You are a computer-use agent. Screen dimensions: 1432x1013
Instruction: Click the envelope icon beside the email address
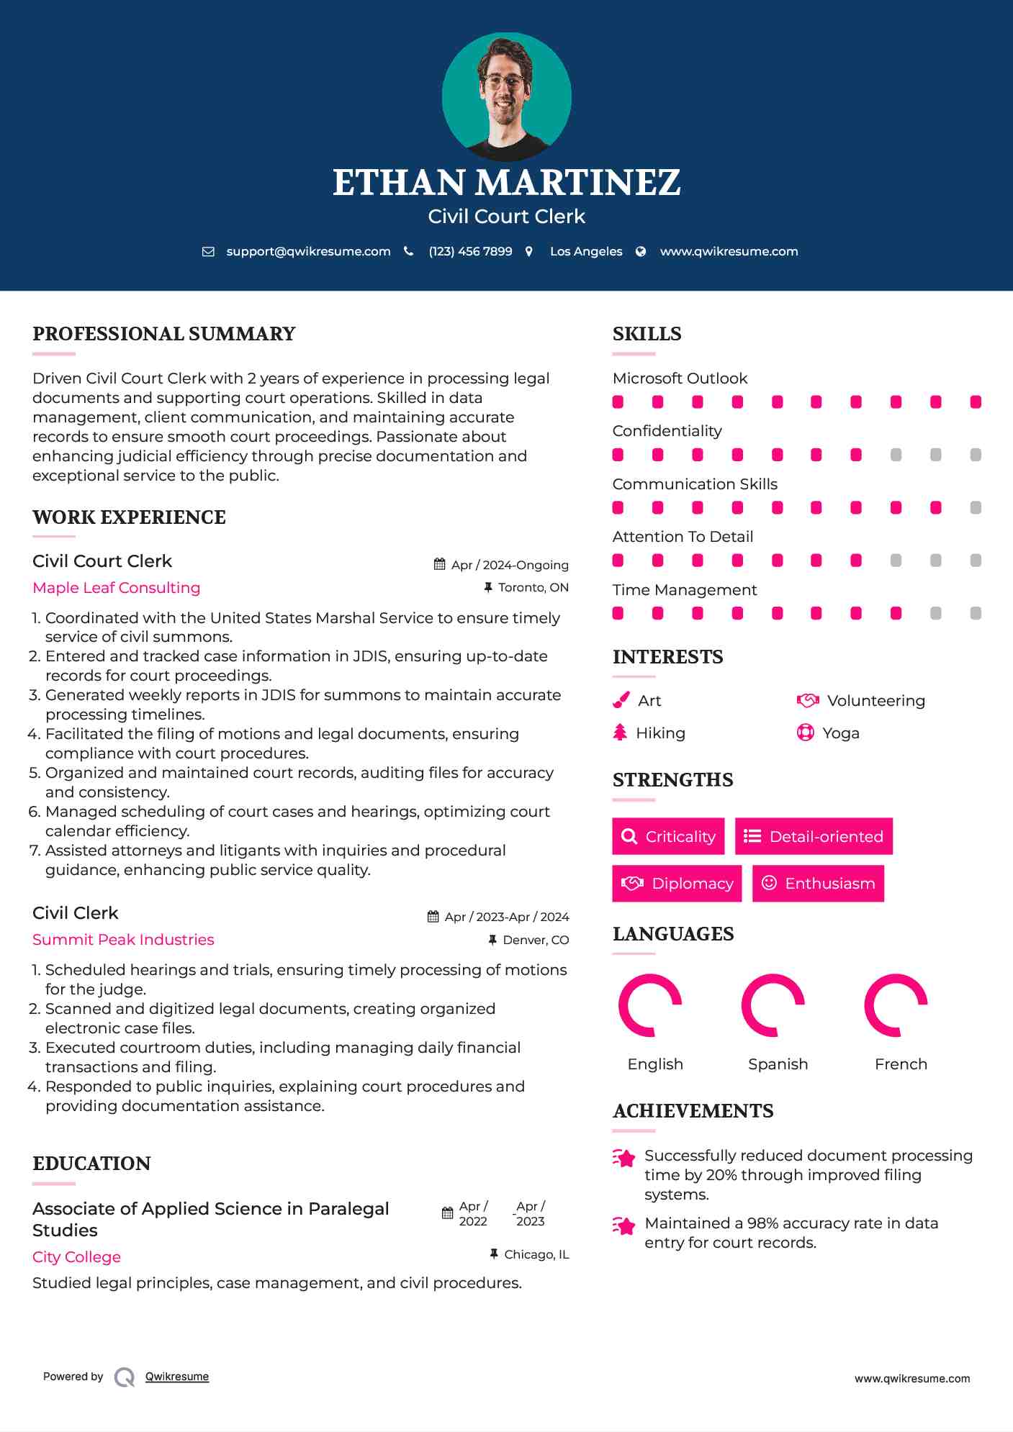click(208, 252)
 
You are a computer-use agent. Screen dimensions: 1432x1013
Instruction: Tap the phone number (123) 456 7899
click(470, 252)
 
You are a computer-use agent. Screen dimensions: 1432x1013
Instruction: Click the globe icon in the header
click(641, 252)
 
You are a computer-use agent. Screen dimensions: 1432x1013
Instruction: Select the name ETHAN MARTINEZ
click(506, 183)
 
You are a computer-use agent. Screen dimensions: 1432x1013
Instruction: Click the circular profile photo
click(506, 96)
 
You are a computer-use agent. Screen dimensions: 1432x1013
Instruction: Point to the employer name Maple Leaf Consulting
click(117, 588)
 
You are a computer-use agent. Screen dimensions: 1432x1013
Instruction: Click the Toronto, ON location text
click(533, 588)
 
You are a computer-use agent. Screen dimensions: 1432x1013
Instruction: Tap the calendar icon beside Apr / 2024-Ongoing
click(439, 565)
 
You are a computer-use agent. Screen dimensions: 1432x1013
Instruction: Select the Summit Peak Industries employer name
click(123, 940)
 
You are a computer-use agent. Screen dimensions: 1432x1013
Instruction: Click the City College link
click(76, 1257)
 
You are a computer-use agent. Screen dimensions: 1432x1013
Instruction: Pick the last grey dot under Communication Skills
click(976, 508)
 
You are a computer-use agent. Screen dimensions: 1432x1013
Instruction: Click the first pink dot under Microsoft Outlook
click(618, 402)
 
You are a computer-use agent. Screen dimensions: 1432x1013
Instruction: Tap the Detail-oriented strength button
click(814, 836)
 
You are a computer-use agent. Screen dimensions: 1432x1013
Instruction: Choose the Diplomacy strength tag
click(677, 884)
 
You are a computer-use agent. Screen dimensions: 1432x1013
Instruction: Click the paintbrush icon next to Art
click(621, 701)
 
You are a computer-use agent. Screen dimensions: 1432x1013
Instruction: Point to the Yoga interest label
click(841, 733)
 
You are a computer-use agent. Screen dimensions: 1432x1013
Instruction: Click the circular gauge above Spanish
click(773, 1005)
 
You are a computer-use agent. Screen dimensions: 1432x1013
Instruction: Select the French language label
click(901, 1064)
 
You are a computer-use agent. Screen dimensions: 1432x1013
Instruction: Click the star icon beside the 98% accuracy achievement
click(624, 1225)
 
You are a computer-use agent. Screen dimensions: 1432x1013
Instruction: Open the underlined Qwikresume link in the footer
click(177, 1377)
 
